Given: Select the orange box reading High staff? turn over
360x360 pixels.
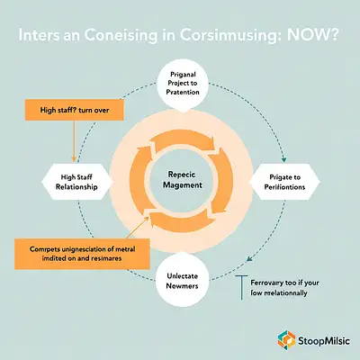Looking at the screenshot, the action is pyautogui.click(x=75, y=110).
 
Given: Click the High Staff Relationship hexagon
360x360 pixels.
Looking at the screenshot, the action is pyautogui.click(x=76, y=182).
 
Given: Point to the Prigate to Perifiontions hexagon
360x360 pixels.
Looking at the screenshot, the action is pyautogui.click(x=284, y=182).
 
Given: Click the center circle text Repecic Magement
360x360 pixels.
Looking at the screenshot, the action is pyautogui.click(x=183, y=180).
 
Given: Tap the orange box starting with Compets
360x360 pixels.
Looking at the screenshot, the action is pyautogui.click(x=82, y=254).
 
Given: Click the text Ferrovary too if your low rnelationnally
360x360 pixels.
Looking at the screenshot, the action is pyautogui.click(x=284, y=288).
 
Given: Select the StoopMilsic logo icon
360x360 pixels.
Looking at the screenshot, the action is pyautogui.click(x=286, y=340).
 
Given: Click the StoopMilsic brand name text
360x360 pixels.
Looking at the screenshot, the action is pyautogui.click(x=324, y=341).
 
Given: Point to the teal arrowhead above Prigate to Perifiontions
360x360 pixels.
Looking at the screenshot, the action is pyautogui.click(x=284, y=159).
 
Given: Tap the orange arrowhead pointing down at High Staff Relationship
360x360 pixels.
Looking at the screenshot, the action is pyautogui.click(x=73, y=159).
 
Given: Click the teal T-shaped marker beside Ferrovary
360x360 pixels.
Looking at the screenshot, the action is pyautogui.click(x=242, y=287).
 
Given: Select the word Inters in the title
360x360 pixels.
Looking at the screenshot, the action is pyautogui.click(x=39, y=35).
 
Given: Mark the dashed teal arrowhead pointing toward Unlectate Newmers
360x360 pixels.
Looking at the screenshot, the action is pyautogui.click(x=248, y=259).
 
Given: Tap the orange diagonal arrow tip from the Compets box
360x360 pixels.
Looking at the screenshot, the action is pyautogui.click(x=147, y=218).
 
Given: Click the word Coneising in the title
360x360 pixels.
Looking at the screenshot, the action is pyautogui.click(x=121, y=36).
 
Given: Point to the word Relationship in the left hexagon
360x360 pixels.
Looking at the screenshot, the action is pyautogui.click(x=76, y=187).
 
